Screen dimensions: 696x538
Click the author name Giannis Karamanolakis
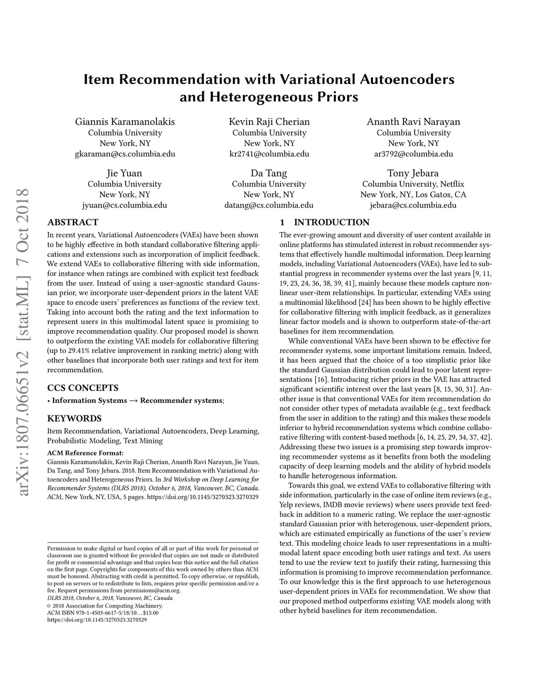click(x=125, y=122)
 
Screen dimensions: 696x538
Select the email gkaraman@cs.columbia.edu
click(x=125, y=154)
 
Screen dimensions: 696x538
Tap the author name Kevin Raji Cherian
click(x=269, y=122)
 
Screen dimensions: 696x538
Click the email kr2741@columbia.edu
click(x=269, y=154)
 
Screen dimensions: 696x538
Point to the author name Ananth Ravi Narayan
click(x=413, y=122)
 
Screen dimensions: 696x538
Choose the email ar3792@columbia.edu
click(x=413, y=154)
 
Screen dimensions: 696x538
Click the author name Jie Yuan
click(x=125, y=173)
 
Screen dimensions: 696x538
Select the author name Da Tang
click(x=269, y=173)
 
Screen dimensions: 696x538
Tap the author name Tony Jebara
click(x=413, y=173)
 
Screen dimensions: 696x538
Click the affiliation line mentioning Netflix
click(x=413, y=184)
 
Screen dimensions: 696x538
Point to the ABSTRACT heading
click(x=73, y=222)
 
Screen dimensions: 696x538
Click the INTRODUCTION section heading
click(x=332, y=222)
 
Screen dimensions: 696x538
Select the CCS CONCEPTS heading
click(x=83, y=388)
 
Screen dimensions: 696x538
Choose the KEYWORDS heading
click(x=75, y=419)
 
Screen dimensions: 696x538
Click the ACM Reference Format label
click(x=85, y=453)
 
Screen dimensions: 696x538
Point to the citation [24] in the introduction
click(x=365, y=303)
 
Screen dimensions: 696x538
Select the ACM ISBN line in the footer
click(x=102, y=612)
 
